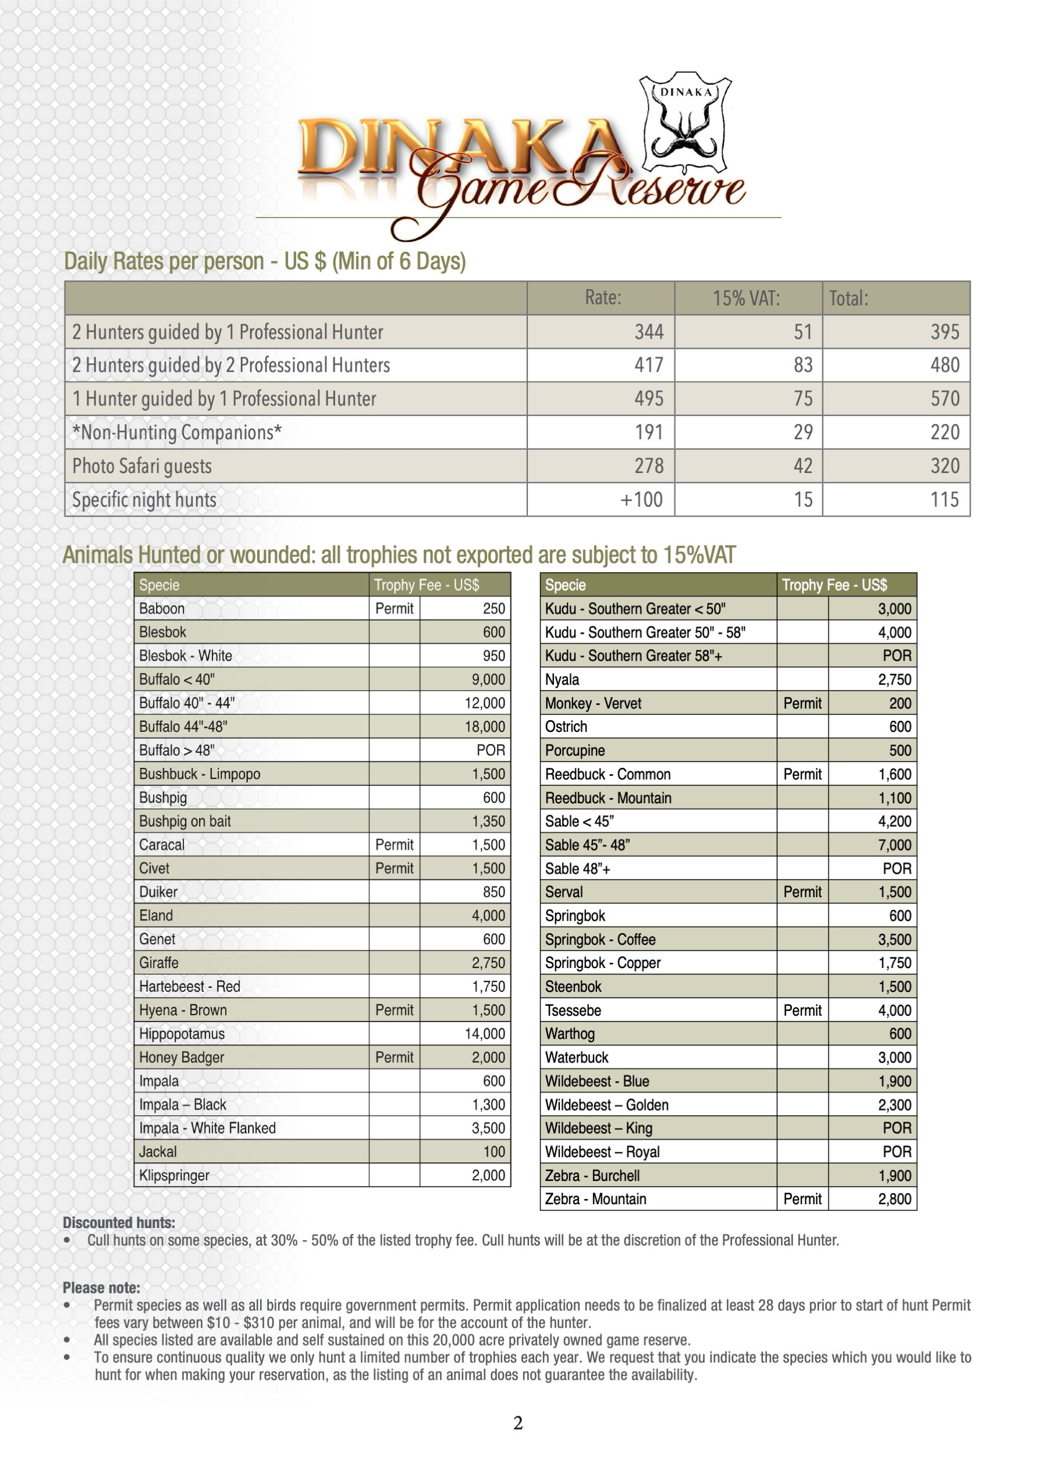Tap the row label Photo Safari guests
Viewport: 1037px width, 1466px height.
pos(142,466)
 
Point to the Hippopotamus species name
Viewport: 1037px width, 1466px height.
pos(182,1034)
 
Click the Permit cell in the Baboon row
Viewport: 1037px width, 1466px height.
pos(394,609)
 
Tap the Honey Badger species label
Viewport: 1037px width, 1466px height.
pos(182,1058)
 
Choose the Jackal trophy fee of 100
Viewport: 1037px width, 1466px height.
pos(493,1152)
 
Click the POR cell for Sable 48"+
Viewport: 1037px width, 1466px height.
pos(897,869)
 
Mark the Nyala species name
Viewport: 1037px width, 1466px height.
pos(562,679)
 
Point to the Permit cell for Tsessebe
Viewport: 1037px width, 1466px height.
pos(802,1010)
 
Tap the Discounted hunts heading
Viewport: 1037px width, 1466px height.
pos(119,1223)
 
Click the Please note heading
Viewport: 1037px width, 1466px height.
pos(101,1288)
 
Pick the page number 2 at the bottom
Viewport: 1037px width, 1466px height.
pos(518,1422)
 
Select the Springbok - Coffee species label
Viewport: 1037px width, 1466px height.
pos(600,940)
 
